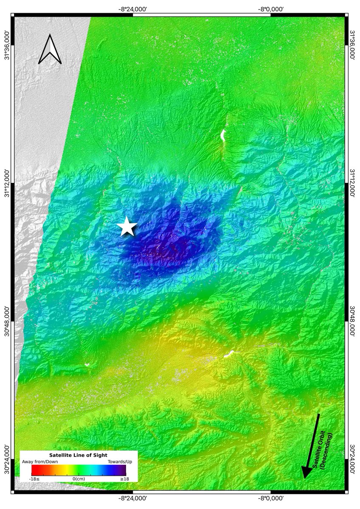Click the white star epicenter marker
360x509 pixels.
[127, 227]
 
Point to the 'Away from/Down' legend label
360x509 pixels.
[46, 461]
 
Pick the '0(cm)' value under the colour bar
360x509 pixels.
[79, 479]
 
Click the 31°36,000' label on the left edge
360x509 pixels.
[7, 45]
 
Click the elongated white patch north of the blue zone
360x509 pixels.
[222, 136]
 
